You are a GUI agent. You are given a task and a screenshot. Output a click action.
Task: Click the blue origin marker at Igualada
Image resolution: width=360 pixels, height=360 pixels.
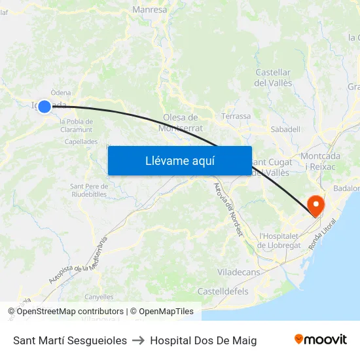pyautogui.click(x=44, y=106)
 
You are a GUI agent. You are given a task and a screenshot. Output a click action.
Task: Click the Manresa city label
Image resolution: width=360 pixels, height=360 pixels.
pyautogui.click(x=150, y=10)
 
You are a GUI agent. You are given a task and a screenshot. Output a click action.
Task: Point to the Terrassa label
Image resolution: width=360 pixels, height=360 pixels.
pyautogui.click(x=236, y=117)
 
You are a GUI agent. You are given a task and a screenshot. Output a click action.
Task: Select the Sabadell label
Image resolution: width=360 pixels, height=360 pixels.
pyautogui.click(x=285, y=130)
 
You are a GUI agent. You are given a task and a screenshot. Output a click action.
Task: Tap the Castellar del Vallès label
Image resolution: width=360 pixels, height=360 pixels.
pyautogui.click(x=273, y=78)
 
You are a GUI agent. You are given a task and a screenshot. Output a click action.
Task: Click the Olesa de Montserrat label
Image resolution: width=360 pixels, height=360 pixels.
pyautogui.click(x=181, y=122)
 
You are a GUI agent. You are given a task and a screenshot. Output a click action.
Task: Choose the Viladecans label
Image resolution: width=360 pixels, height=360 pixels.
pyautogui.click(x=238, y=272)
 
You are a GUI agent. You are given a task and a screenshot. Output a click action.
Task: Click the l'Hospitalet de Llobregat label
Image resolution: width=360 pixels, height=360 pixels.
pyautogui.click(x=279, y=241)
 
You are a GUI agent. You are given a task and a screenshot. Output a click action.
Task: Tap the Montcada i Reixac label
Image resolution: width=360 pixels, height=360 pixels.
pyautogui.click(x=321, y=162)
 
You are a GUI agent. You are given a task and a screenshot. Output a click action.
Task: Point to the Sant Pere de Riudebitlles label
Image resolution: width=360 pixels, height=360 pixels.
pyautogui.click(x=88, y=190)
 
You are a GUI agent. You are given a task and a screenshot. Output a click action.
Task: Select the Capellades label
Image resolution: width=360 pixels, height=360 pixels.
pyautogui.click(x=81, y=141)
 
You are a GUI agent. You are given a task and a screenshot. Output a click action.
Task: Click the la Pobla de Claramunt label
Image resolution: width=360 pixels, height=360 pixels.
pyautogui.click(x=76, y=125)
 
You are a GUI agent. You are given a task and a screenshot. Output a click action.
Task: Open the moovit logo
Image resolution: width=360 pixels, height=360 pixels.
pyautogui.click(x=321, y=340)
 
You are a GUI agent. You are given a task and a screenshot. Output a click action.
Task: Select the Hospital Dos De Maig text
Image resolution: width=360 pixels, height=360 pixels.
pyautogui.click(x=204, y=340)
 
